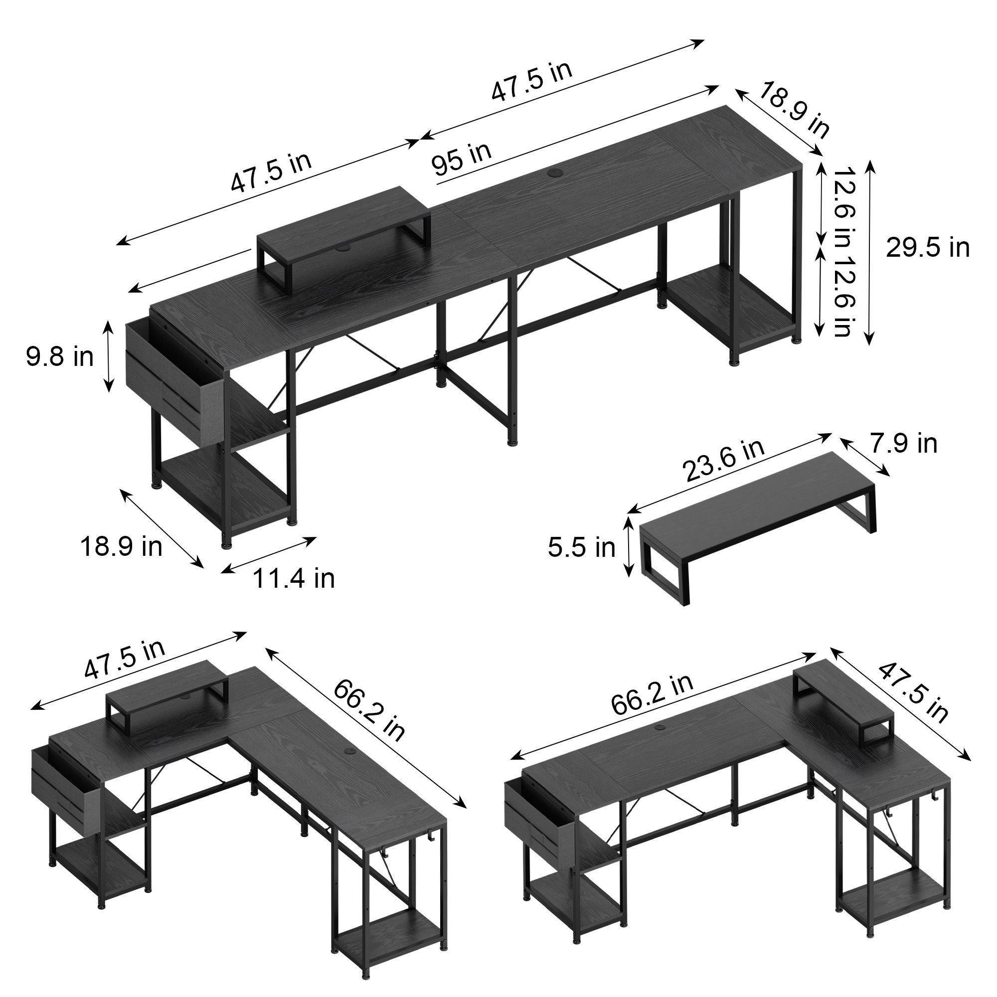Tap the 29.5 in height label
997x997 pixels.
click(x=927, y=248)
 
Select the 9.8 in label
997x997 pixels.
click(x=60, y=356)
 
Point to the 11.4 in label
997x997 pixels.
click(x=293, y=578)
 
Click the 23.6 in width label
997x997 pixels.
click(x=723, y=460)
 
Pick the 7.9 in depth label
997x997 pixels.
click(x=904, y=444)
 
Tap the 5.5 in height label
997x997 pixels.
click(x=582, y=547)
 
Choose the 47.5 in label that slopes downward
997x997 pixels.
click(x=913, y=693)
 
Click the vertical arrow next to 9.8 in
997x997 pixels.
click(x=108, y=356)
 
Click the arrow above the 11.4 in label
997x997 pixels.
click(x=269, y=555)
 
